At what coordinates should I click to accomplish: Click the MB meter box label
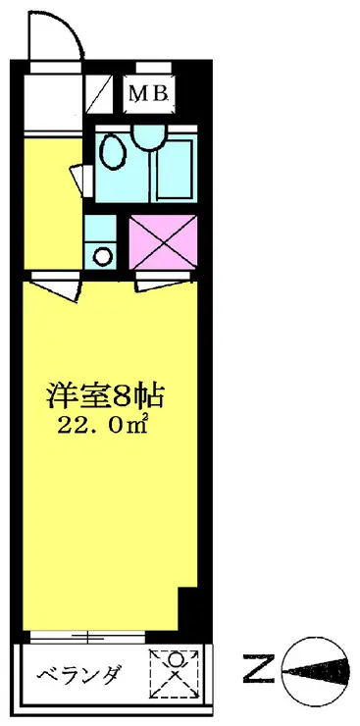[x=150, y=95]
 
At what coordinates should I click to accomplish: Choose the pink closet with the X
[x=164, y=239]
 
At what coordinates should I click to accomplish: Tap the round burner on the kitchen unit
[x=102, y=257]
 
